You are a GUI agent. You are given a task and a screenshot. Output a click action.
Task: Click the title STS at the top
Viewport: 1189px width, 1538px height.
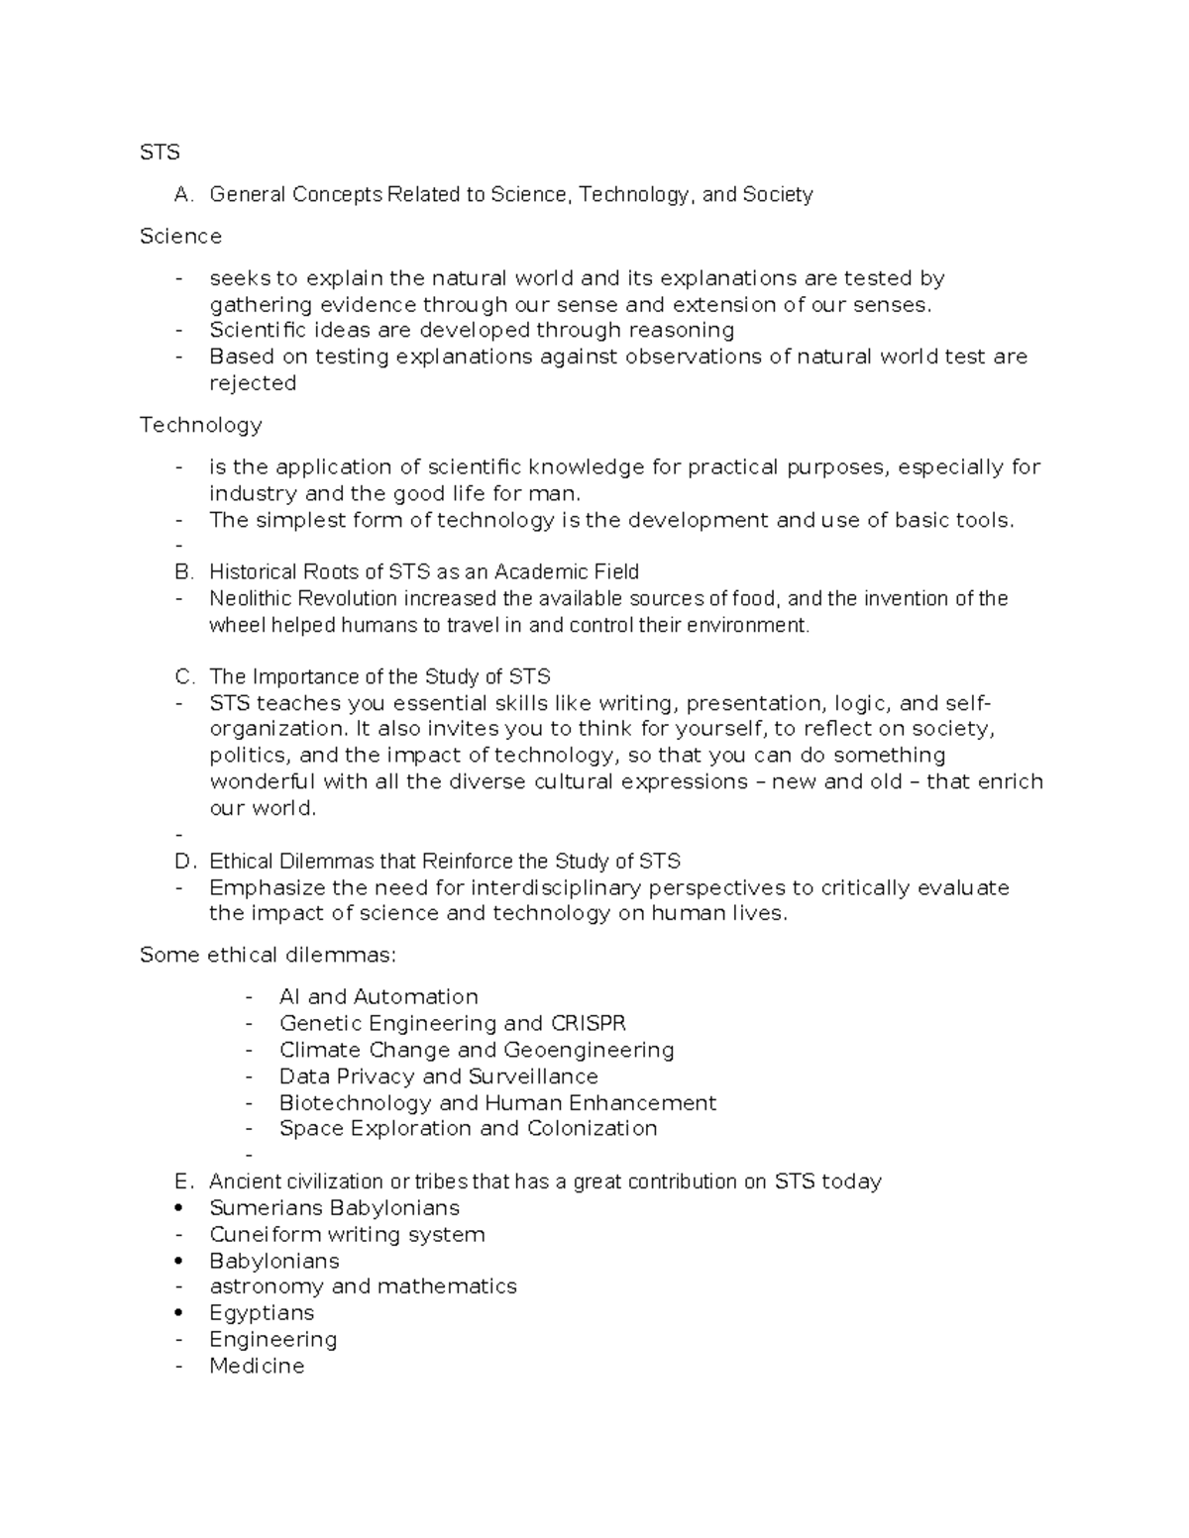(x=160, y=153)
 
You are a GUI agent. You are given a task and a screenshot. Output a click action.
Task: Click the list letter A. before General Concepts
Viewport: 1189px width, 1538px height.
(x=182, y=195)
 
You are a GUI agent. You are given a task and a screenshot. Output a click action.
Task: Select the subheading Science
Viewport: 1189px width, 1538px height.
(x=180, y=237)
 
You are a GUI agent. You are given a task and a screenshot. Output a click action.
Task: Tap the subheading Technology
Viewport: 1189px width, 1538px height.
(x=200, y=425)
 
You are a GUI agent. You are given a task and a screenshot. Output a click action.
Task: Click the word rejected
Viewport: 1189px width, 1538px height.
(x=253, y=383)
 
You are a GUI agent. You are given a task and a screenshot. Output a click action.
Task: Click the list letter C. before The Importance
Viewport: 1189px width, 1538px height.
(x=183, y=677)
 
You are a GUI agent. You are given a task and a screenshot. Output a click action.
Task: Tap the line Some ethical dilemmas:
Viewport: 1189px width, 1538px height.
(x=268, y=956)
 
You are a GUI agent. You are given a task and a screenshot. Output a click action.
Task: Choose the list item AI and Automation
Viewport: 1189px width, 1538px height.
(x=378, y=997)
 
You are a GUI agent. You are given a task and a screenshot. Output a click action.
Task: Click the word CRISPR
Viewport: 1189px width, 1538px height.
(x=589, y=1023)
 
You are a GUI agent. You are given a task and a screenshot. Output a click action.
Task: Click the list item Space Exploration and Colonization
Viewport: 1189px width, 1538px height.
(x=468, y=1129)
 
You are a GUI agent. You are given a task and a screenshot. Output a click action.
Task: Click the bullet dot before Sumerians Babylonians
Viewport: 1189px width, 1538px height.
(x=178, y=1208)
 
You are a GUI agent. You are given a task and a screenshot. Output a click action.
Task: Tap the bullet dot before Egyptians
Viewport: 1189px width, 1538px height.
(x=178, y=1313)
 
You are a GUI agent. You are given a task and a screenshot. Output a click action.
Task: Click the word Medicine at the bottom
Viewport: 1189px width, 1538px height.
(x=257, y=1367)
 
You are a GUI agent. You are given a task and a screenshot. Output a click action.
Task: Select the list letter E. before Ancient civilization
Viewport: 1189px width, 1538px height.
(x=182, y=1181)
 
